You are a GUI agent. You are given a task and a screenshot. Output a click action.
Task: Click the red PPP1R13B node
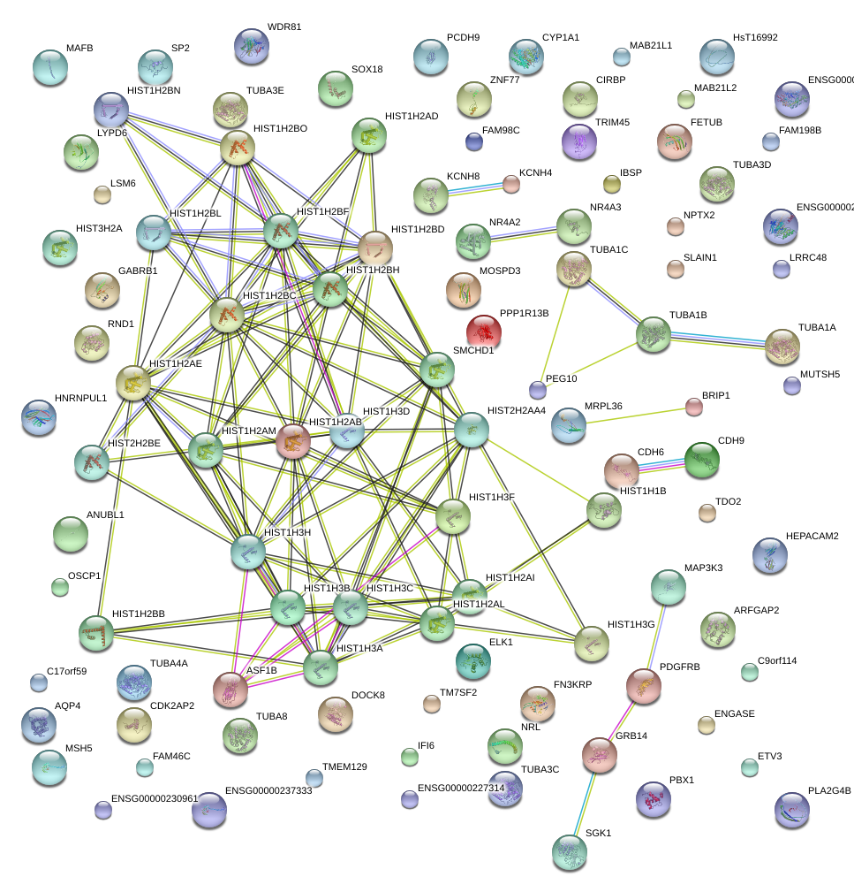483,332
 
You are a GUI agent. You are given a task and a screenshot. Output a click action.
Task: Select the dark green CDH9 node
702,460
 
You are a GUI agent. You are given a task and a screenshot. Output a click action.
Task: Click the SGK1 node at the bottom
570,851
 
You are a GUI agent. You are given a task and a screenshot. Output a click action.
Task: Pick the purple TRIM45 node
579,141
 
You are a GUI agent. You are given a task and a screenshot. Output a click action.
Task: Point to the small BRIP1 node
694,407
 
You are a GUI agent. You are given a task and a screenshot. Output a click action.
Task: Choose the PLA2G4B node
791,808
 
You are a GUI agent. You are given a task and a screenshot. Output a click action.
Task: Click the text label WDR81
283,27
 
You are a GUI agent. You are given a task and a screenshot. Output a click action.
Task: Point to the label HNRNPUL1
80,398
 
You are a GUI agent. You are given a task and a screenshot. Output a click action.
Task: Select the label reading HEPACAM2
812,536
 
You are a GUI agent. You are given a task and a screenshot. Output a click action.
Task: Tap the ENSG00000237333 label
268,790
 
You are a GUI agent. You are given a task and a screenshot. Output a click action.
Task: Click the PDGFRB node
644,685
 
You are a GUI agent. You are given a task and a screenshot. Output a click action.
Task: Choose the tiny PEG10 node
537,389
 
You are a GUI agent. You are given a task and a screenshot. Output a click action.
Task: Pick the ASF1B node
231,690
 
